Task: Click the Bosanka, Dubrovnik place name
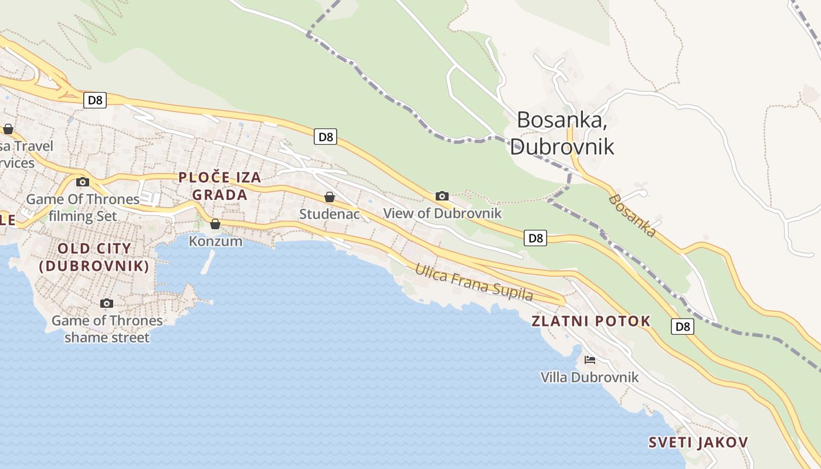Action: tap(561, 133)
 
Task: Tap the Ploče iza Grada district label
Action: tap(219, 186)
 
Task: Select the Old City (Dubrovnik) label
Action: tap(94, 257)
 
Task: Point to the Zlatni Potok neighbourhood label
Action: tap(591, 321)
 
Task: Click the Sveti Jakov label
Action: tap(698, 442)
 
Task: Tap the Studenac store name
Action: tap(329, 214)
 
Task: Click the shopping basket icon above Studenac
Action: tap(330, 197)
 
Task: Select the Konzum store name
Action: tap(215, 240)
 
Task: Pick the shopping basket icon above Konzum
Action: tap(215, 224)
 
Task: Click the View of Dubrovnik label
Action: tap(442, 213)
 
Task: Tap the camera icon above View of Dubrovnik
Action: tap(442, 196)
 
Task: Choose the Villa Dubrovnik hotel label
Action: tap(589, 376)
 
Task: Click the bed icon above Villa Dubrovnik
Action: tap(590, 359)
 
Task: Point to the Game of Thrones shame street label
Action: tap(107, 329)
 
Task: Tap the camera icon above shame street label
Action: tap(106, 303)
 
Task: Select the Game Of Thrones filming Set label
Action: tap(83, 208)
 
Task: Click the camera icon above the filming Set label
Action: tap(83, 182)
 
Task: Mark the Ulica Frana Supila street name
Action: tap(474, 283)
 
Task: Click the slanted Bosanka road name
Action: tap(632, 216)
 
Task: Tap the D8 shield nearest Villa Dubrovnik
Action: tap(683, 327)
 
